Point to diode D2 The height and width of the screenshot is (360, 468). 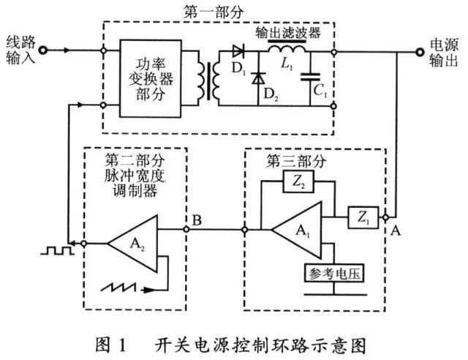[257, 78]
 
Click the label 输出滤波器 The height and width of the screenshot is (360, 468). [287, 34]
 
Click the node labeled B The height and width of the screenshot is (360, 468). [187, 228]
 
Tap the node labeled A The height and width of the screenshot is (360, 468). [385, 217]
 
